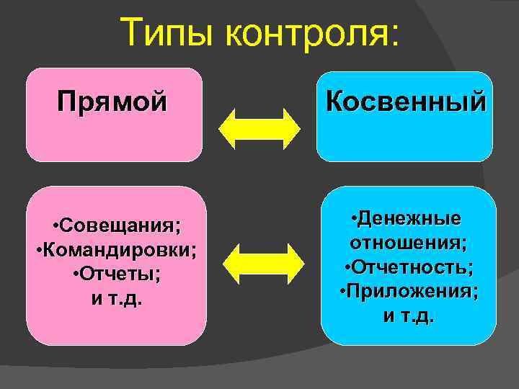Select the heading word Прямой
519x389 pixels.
point(112,102)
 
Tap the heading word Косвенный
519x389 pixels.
point(406,102)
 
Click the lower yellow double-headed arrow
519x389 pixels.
point(260,264)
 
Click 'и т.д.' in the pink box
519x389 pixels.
point(116,298)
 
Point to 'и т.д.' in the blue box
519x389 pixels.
point(408,316)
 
